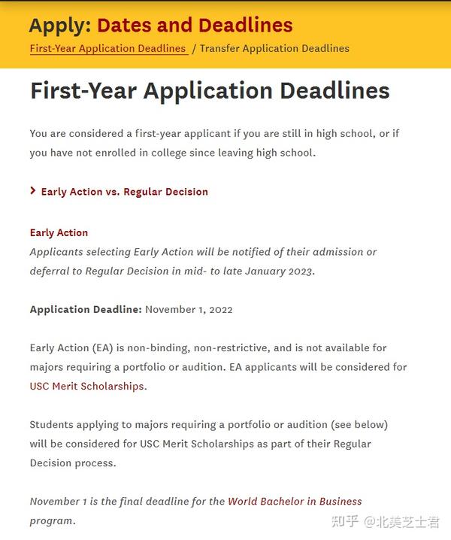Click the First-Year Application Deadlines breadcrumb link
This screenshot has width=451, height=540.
coord(107,48)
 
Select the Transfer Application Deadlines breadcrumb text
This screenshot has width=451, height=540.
coord(274,48)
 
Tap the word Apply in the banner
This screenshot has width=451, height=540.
coord(59,25)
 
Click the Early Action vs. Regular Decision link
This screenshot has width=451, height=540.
coord(124,191)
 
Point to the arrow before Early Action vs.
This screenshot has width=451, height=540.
coord(33,191)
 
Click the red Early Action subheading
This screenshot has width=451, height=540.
coord(59,232)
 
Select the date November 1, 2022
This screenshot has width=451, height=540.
coord(189,309)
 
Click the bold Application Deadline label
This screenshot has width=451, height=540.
coord(86,309)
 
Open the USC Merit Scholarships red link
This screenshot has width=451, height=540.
coord(86,387)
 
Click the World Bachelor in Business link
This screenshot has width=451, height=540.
coord(295,502)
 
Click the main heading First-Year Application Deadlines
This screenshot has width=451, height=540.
coord(210,91)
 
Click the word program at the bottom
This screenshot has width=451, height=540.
coord(52,520)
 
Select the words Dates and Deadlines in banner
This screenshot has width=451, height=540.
coord(195,25)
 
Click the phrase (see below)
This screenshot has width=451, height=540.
coord(361,425)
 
